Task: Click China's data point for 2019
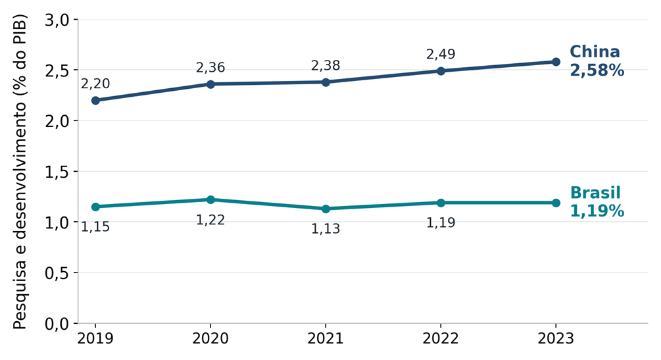[95, 101]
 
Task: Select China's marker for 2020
[210, 84]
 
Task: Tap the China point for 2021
[326, 82]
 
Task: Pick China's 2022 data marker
[441, 71]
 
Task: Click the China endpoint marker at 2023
[556, 62]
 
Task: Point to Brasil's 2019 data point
[95, 207]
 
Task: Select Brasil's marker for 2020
[210, 199]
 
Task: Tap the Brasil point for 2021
[326, 209]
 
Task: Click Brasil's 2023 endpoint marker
[556, 203]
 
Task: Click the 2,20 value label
[95, 84]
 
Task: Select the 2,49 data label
[441, 55]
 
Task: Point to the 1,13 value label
[326, 229]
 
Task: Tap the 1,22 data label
[210, 220]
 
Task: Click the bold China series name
[595, 52]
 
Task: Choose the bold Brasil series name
[595, 193]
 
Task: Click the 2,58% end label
[597, 70]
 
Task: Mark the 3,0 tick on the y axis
[57, 20]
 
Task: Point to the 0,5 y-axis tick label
[57, 274]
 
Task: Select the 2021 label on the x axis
[326, 338]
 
